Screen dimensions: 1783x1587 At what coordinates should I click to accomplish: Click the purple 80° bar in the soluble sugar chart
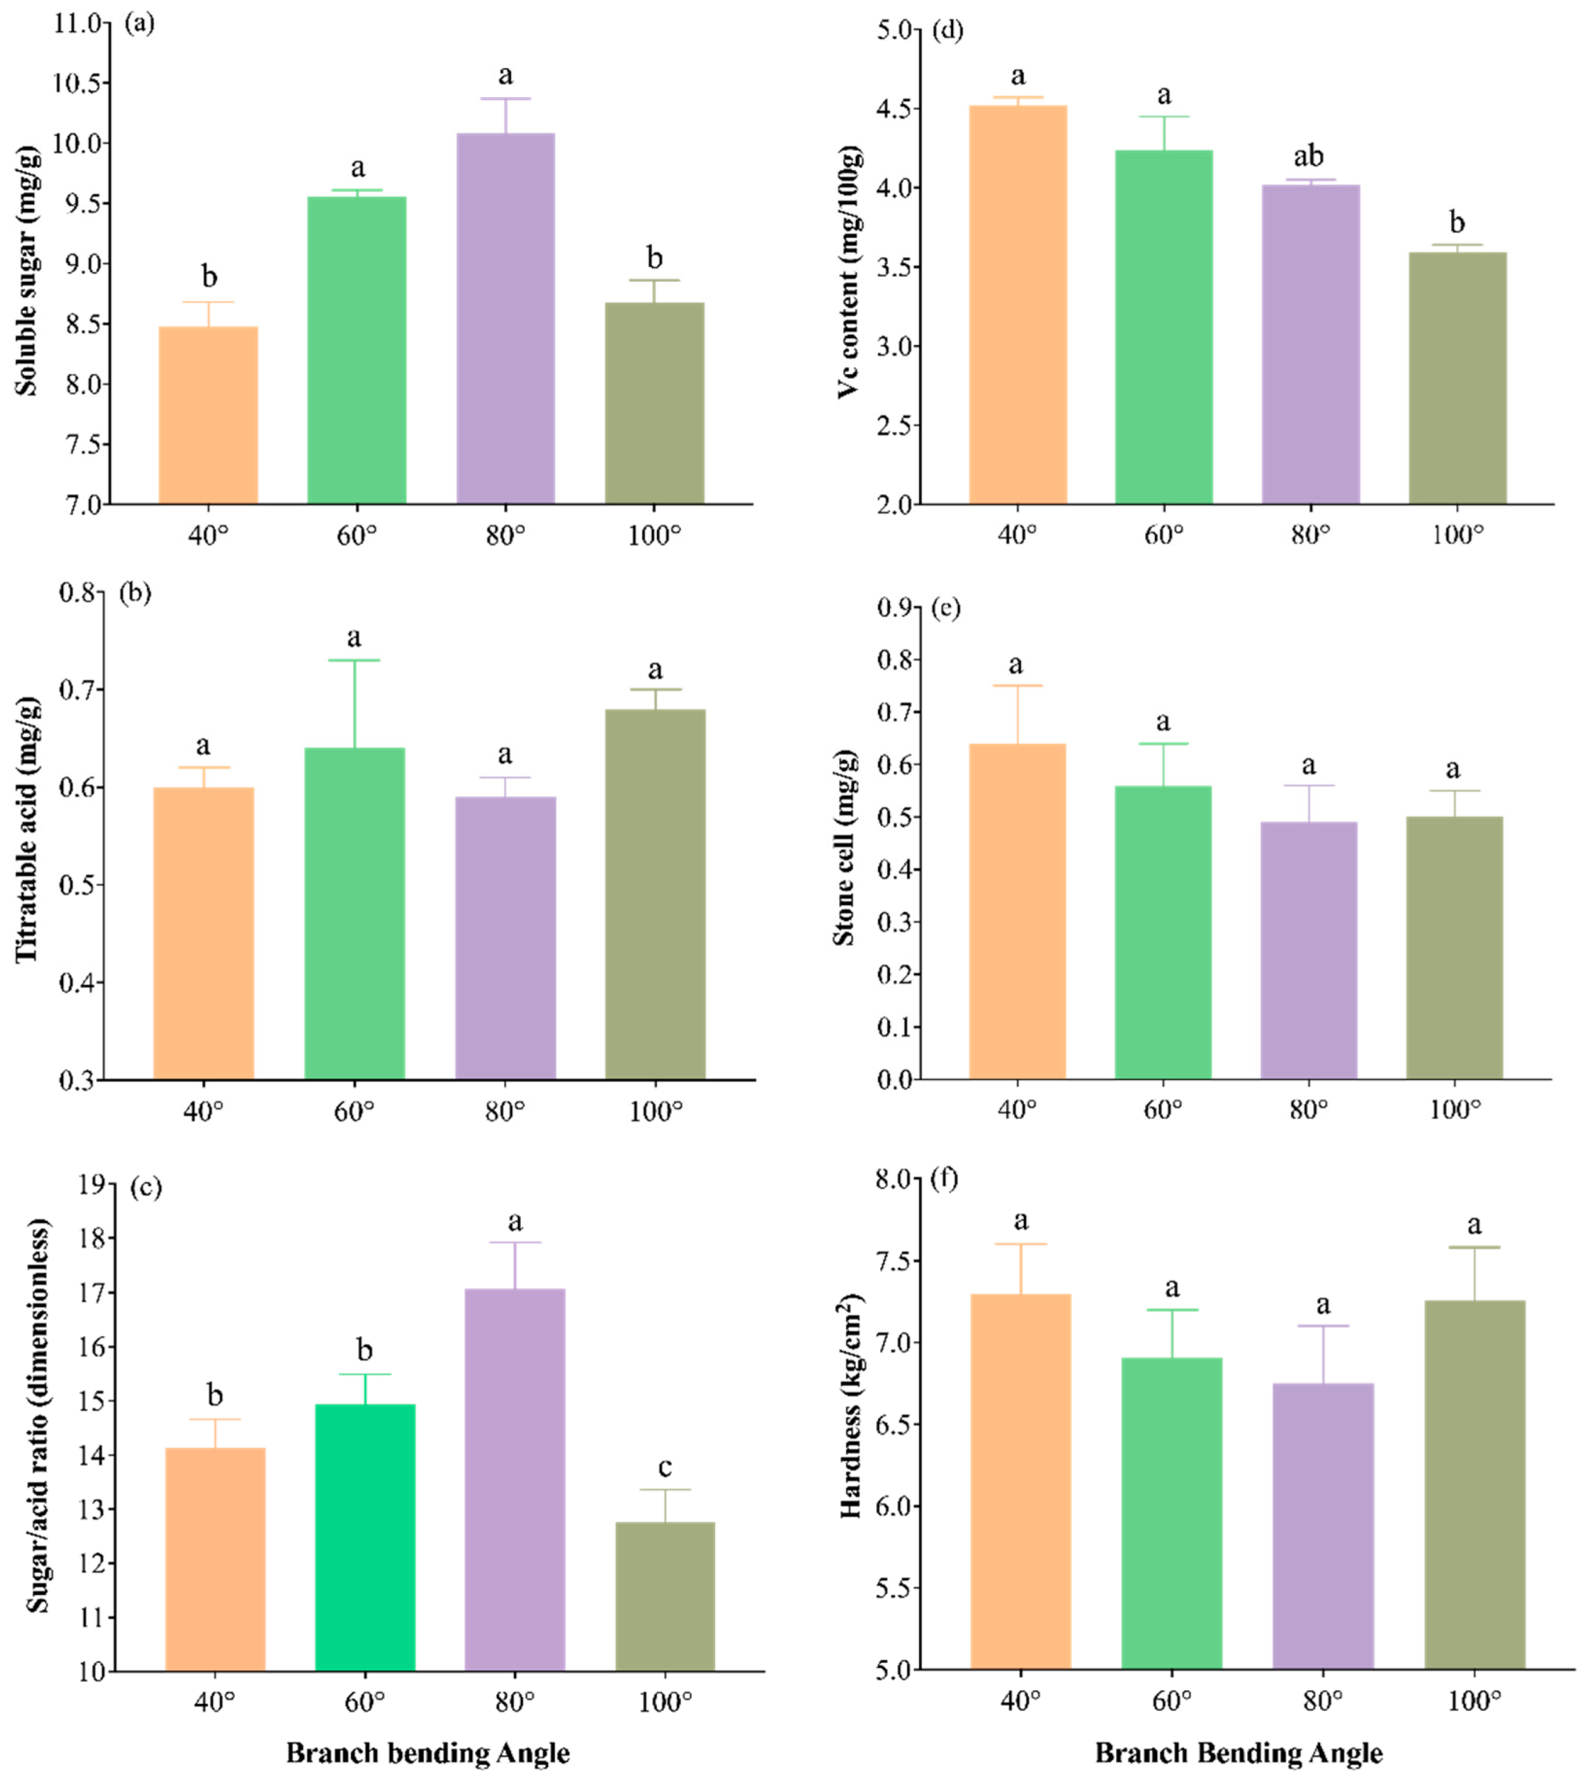[x=506, y=319]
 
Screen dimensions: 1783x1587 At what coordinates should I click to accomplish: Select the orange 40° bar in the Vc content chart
[x=1018, y=305]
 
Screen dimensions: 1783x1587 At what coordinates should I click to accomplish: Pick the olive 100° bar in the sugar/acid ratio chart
[x=665, y=1596]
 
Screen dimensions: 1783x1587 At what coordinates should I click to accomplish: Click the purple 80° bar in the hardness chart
[x=1323, y=1526]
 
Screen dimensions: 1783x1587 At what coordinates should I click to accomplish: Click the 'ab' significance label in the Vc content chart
[x=1308, y=156]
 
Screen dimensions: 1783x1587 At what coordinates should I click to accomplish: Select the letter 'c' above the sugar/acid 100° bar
[x=665, y=1467]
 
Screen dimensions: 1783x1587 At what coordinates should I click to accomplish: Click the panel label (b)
[x=135, y=593]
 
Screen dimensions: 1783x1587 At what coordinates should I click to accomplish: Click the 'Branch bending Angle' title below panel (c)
[x=427, y=1752]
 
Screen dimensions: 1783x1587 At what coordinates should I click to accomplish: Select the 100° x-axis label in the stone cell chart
[x=1454, y=1110]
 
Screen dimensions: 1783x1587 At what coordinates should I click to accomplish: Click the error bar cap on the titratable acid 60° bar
[x=354, y=660]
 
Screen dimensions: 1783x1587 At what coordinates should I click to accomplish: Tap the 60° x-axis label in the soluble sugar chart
[x=356, y=534]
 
